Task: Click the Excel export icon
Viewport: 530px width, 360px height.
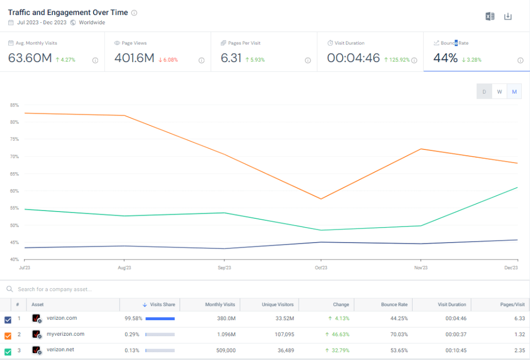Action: coord(490,17)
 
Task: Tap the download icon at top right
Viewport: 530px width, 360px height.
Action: coord(508,17)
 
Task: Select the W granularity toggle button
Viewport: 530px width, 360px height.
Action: coord(499,92)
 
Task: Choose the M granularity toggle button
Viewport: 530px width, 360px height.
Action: coord(514,92)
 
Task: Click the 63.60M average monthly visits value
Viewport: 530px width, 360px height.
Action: coord(30,58)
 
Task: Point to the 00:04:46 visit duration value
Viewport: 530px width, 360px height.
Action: coord(354,58)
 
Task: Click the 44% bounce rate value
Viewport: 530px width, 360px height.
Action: coord(445,58)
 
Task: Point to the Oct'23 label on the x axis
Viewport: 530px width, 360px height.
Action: coord(321,268)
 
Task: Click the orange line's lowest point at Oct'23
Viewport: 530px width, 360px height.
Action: coord(321,199)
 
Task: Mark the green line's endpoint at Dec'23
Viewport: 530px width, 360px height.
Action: coord(517,187)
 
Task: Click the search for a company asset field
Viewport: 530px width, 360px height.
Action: coord(55,289)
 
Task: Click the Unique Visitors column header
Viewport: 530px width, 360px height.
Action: coord(278,305)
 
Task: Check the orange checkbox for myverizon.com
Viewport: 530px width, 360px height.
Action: coord(8,335)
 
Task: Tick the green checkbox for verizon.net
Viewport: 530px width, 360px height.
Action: coord(8,351)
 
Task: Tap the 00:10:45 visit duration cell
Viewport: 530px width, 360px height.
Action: coord(455,351)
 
